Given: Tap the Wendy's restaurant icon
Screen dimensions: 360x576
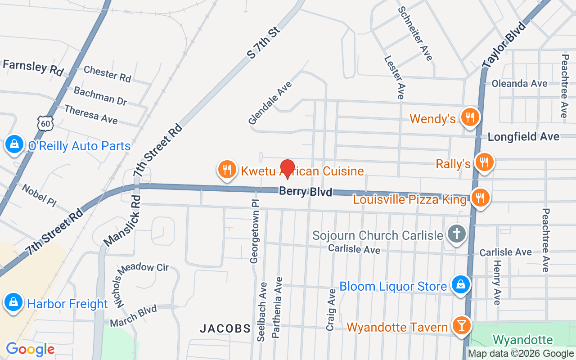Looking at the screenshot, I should [x=470, y=118].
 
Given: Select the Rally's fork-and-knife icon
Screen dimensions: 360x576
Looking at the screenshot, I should [x=484, y=162].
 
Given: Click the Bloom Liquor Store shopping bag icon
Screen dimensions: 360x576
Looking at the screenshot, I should [x=460, y=285].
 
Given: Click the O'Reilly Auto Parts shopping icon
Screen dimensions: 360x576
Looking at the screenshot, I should [x=14, y=145].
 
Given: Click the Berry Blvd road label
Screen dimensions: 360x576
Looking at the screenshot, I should [x=306, y=191].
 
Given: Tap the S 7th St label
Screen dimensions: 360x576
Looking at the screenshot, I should [x=263, y=43].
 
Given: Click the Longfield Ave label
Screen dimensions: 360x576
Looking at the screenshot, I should [x=523, y=136].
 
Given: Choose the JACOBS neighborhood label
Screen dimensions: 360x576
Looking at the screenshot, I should [x=225, y=328].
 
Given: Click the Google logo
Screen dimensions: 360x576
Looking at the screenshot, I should [x=30, y=349].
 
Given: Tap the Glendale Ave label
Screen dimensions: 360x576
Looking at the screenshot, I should [x=270, y=103].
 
